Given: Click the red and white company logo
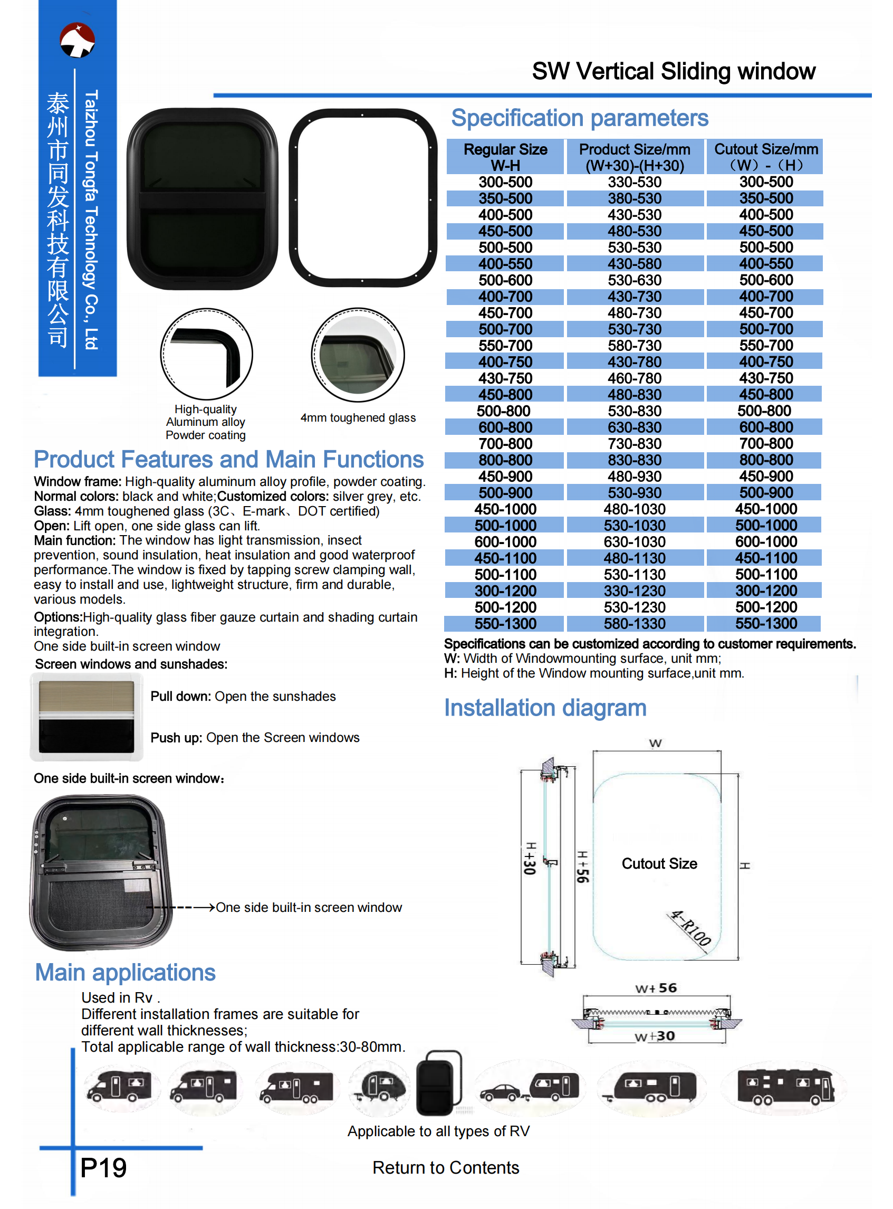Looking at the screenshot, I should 78,40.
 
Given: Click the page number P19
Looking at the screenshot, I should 103,1167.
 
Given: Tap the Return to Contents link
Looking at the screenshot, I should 445,1167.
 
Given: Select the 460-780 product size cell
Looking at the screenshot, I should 634,378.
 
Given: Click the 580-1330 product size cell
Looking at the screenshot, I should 634,623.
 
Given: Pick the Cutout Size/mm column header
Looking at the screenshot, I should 765,157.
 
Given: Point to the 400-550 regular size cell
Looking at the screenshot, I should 505,264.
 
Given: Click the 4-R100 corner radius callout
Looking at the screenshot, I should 690,928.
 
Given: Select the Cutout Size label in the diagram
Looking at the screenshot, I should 659,863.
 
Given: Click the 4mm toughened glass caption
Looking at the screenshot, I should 358,417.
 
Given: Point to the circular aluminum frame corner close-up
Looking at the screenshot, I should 206,354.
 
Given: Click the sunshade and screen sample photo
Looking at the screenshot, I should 87,717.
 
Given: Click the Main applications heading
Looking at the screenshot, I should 125,972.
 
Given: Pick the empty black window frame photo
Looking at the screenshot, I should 362,197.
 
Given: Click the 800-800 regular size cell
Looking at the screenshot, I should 505,460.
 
